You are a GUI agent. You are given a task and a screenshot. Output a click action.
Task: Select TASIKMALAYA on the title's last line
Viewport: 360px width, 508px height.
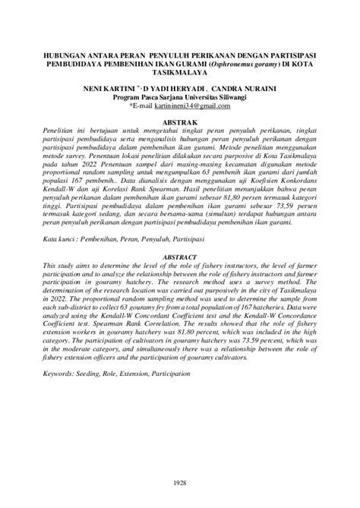[x=180, y=76]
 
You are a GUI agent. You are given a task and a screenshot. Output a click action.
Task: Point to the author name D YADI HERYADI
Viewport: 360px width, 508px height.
[x=185, y=89]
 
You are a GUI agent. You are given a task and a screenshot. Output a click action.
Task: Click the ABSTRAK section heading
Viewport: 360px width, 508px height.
[x=180, y=122]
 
